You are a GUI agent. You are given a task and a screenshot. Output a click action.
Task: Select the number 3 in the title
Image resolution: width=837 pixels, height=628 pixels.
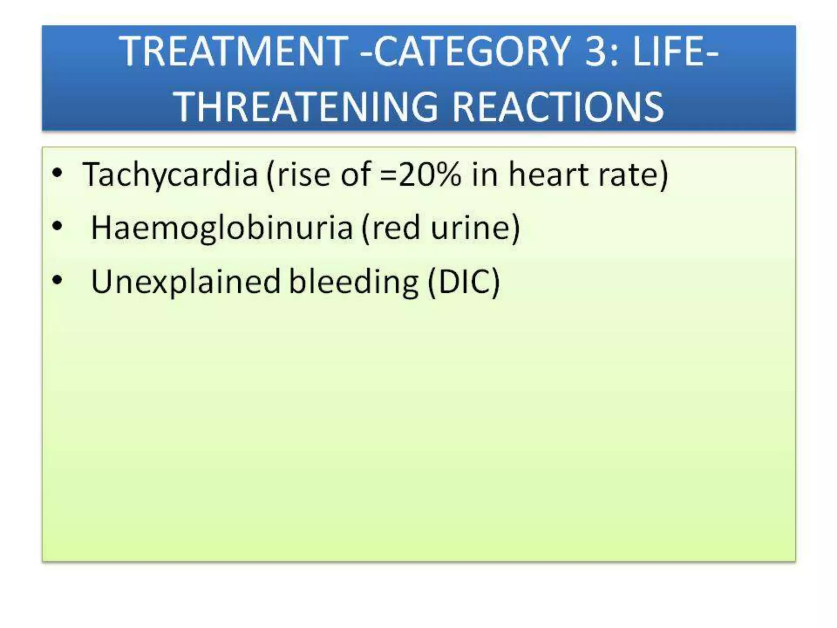[x=598, y=51]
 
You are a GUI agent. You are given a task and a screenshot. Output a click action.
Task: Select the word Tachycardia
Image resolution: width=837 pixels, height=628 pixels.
[x=170, y=175]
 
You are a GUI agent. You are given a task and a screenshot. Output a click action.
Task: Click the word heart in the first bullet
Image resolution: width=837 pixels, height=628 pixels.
[x=548, y=175]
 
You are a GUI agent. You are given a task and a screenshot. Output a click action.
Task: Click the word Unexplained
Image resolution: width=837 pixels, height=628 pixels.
[x=185, y=282]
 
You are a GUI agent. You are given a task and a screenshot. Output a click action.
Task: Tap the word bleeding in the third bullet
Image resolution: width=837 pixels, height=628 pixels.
[x=354, y=282]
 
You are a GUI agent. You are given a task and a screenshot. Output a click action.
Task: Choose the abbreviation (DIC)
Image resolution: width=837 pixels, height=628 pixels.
[x=463, y=282]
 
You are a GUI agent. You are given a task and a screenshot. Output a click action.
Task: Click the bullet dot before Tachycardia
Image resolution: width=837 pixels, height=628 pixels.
[x=57, y=173]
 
